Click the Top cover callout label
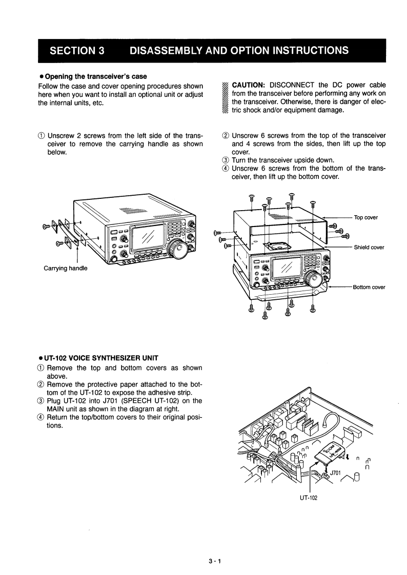click(x=365, y=217)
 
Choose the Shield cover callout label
click(x=369, y=248)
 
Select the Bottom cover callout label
click(x=369, y=287)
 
